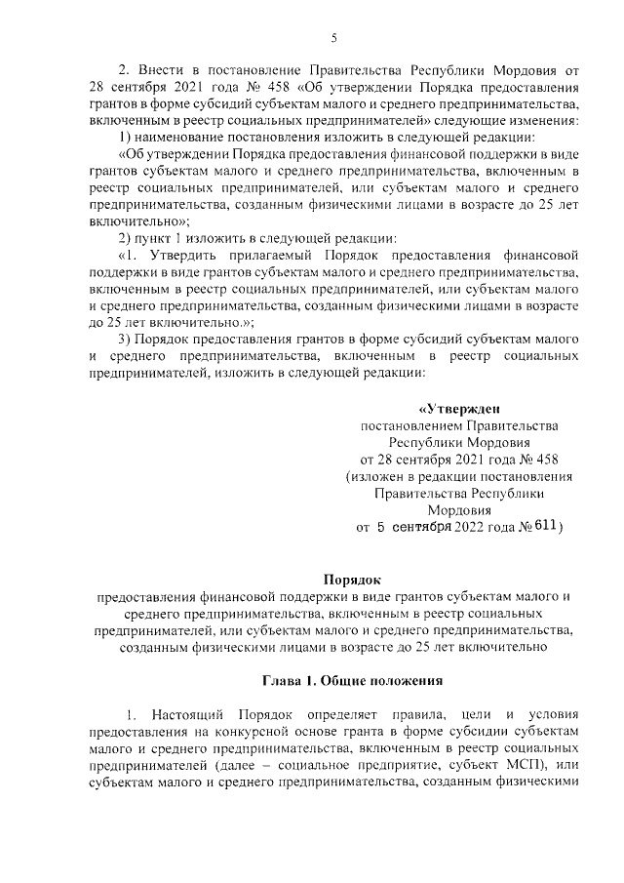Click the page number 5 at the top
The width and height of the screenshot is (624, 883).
click(x=333, y=37)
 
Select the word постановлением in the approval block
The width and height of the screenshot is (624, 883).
click(x=409, y=426)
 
